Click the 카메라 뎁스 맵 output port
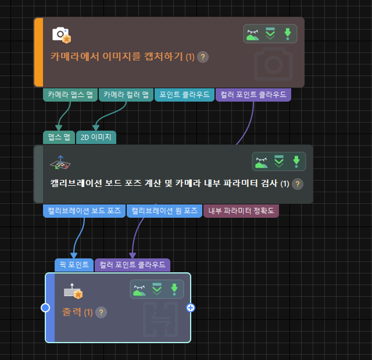point(70,95)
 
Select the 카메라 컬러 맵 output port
point(126,95)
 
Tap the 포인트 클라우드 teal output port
point(184,95)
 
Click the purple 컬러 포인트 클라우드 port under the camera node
point(253,95)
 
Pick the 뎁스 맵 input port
point(59,138)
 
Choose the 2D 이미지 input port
point(96,138)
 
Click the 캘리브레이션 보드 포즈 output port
point(85,211)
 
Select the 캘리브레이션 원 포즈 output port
point(164,211)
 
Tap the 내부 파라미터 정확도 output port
point(241,211)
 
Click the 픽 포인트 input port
point(74,265)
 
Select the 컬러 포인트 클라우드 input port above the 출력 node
point(133,265)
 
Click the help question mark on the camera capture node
point(203,57)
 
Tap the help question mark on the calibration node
point(298,184)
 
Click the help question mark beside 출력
point(101,312)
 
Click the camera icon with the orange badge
point(61,35)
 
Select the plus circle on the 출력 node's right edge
point(190,308)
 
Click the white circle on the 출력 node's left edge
point(45,308)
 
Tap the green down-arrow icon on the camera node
point(287,34)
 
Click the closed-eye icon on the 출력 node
point(139,289)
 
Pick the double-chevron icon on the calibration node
point(279,161)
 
